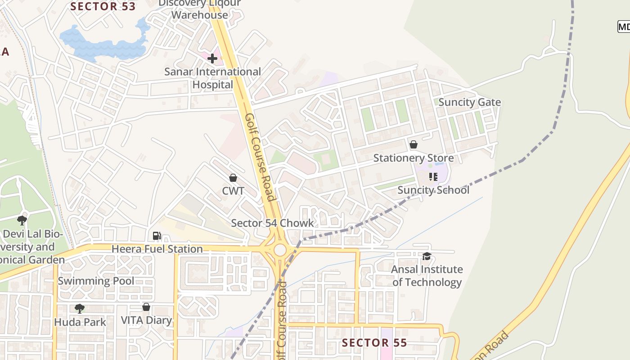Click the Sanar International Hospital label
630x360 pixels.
(212, 78)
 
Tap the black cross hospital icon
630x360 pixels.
(212, 58)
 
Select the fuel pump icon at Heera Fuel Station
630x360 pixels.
(157, 235)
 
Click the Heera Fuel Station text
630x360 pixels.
(157, 249)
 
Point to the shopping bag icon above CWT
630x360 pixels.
(233, 178)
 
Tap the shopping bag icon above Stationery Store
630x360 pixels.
(413, 144)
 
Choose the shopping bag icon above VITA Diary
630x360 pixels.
(146, 307)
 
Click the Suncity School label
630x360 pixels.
(433, 190)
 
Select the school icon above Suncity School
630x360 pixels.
(433, 176)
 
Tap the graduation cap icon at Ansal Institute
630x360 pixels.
(427, 256)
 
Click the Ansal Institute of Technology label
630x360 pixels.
(427, 275)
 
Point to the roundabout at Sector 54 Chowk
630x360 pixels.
(280, 250)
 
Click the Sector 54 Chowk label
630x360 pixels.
(272, 223)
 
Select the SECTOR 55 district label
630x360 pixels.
(374, 343)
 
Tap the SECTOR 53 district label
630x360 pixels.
(103, 6)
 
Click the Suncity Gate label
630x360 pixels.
(469, 102)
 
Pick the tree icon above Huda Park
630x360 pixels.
(80, 308)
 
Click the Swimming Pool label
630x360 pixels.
(96, 281)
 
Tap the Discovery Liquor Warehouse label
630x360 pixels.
(200, 9)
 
